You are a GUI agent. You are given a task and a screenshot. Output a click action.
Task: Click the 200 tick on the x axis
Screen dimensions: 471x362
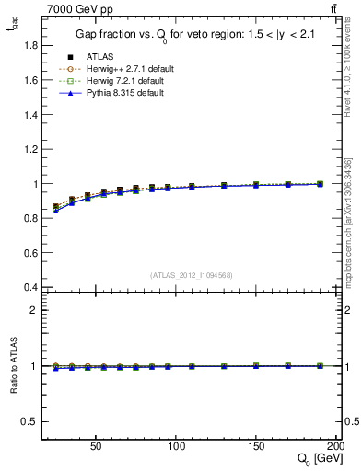(337, 444)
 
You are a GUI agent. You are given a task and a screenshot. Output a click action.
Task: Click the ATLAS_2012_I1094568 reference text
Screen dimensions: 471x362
(192, 274)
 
